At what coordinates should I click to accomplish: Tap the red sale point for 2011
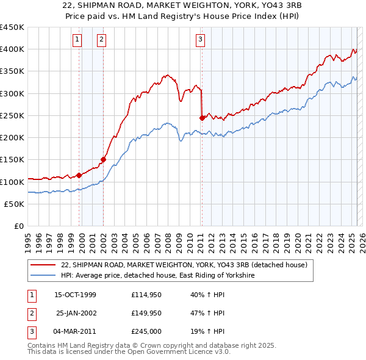click(202, 118)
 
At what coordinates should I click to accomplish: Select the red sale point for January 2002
click(103, 160)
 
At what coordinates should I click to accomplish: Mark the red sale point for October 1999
click(79, 175)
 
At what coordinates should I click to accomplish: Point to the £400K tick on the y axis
click(12, 49)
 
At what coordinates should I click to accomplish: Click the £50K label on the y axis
click(14, 204)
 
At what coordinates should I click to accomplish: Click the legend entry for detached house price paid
click(187, 265)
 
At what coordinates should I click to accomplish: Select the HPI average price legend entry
click(157, 276)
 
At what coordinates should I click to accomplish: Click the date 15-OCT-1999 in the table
click(75, 295)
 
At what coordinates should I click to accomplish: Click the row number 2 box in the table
click(31, 314)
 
